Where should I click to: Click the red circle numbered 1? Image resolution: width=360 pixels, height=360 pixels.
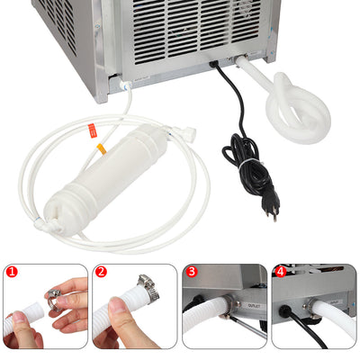[11, 271]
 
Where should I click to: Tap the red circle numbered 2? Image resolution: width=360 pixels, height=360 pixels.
[101, 271]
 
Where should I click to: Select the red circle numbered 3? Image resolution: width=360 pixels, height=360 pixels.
[191, 271]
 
